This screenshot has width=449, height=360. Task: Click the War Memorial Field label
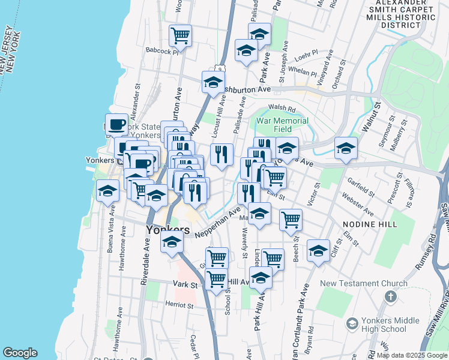pos(282,125)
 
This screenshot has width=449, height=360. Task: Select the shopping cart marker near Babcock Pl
pos(179,36)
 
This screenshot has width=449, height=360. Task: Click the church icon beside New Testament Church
pos(390,296)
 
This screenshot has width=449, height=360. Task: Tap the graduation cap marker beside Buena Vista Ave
pos(107,191)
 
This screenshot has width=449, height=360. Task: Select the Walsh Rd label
pos(282,109)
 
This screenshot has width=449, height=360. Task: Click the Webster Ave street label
pos(357,204)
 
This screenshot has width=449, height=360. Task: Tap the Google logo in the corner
pos(20,353)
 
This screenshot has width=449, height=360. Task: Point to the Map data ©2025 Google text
pos(411,355)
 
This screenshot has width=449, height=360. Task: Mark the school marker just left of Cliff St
pos(318,251)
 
